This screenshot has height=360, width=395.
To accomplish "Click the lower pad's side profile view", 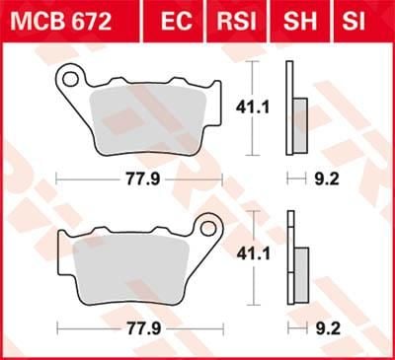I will pos(293,259).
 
